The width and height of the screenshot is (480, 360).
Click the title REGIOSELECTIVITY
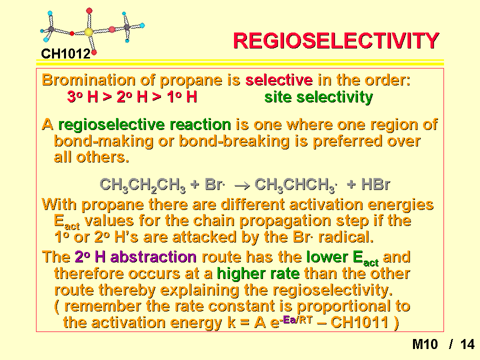click(336, 40)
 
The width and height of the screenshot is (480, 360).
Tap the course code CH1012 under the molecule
click(66, 54)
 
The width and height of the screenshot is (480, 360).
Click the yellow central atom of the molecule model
click(88, 32)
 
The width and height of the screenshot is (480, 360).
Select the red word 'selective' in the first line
click(279, 80)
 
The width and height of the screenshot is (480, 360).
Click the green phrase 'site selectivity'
click(318, 97)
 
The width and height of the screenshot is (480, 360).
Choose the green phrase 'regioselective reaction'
click(144, 125)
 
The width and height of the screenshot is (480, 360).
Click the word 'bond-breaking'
click(234, 141)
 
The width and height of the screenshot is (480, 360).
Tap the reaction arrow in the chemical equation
click(242, 185)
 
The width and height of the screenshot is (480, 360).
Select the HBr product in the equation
click(375, 184)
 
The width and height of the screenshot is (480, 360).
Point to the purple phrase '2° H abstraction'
click(135, 257)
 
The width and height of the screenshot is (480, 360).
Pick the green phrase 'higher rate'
click(258, 273)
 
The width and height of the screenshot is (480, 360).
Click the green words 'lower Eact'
click(342, 258)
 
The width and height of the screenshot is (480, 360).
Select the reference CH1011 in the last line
click(359, 322)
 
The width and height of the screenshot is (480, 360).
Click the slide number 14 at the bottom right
click(467, 344)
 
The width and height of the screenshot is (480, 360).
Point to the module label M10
click(425, 344)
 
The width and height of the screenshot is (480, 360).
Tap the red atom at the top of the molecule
click(89, 10)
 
